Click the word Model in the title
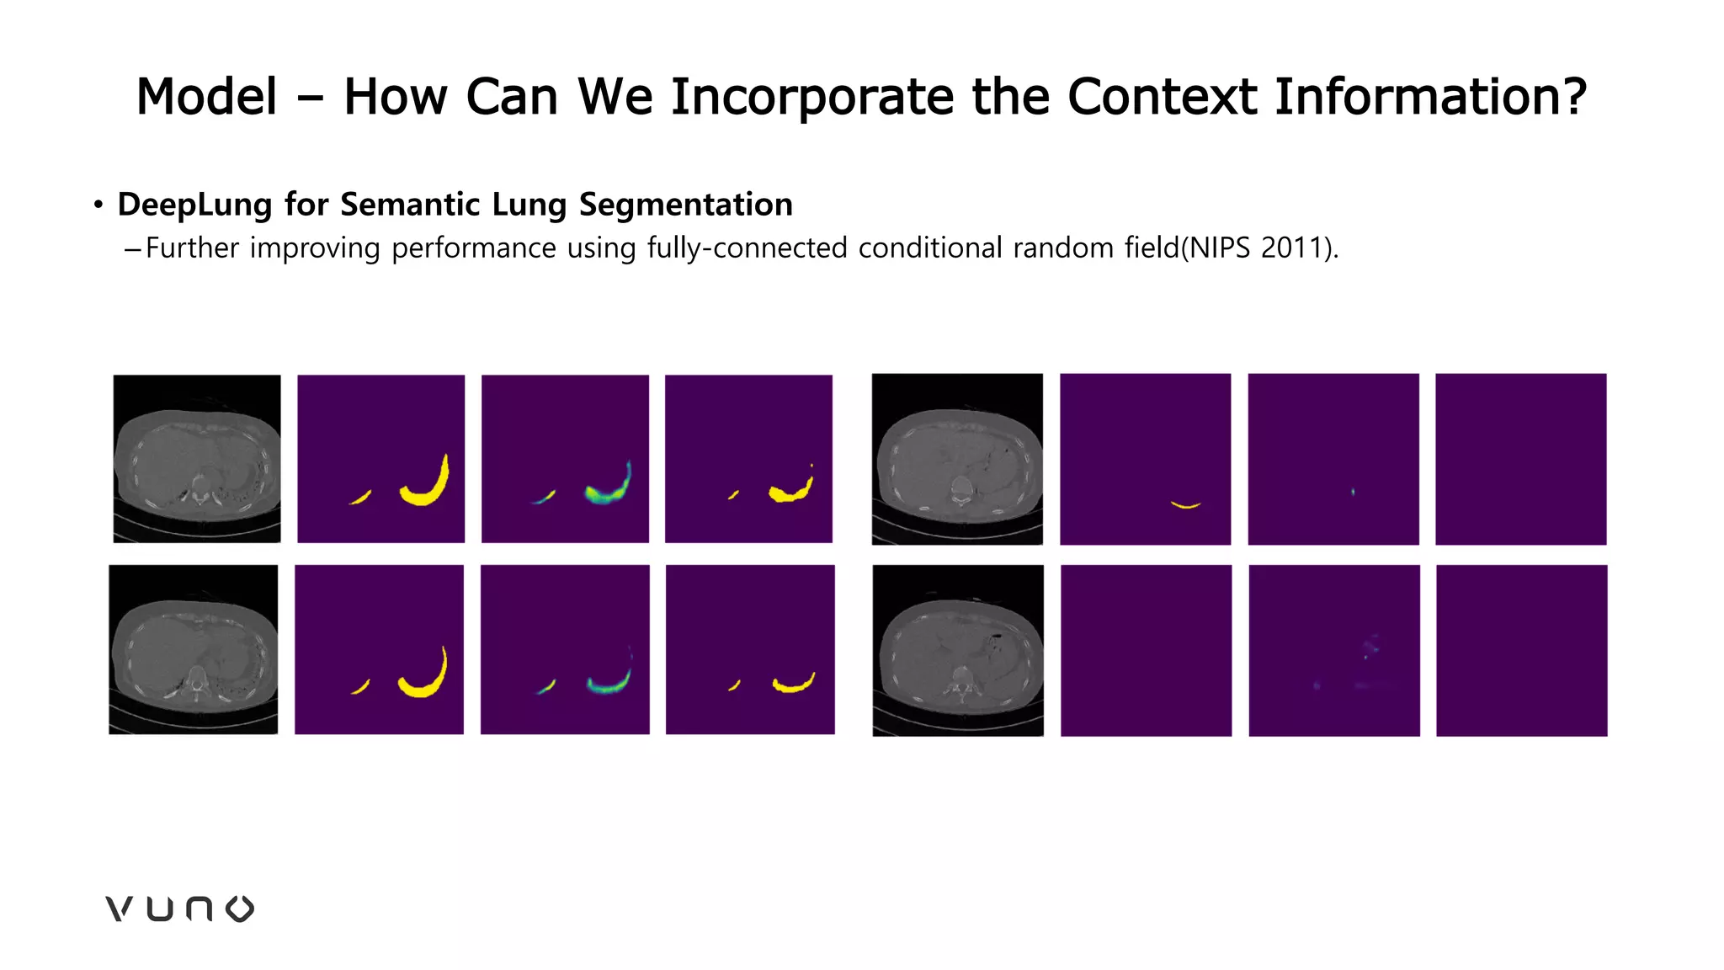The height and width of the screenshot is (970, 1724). [x=206, y=97]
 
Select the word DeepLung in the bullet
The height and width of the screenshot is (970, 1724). [x=194, y=205]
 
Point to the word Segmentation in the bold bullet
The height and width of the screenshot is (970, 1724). [x=685, y=205]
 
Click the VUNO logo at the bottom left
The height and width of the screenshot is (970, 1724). [x=179, y=909]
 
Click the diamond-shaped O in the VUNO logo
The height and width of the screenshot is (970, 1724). [x=240, y=909]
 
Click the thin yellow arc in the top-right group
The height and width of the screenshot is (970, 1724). [x=1185, y=505]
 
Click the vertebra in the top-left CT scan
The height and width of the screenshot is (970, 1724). [x=199, y=488]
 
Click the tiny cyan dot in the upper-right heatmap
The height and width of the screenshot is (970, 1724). [x=1353, y=492]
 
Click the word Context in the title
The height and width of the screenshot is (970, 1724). [x=1162, y=97]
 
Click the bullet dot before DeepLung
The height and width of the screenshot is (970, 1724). [x=98, y=205]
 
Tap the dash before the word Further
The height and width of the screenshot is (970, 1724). [x=131, y=249]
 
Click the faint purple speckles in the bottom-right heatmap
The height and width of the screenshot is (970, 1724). [x=1370, y=648]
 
